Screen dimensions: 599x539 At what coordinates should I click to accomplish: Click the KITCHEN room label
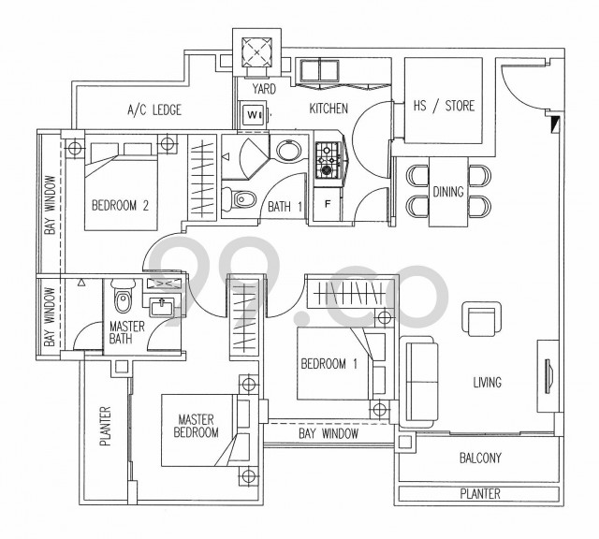329,109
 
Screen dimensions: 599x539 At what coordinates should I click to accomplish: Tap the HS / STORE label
444,106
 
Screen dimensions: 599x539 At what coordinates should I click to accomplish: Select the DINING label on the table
448,192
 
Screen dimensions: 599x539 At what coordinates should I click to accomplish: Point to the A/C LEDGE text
153,110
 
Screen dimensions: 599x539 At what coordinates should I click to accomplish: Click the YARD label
264,89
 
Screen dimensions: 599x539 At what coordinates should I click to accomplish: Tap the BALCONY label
480,458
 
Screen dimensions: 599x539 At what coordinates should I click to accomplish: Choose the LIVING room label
487,382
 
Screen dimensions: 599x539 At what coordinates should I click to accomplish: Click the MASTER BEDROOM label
196,426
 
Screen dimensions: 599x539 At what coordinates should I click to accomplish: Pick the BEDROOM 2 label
120,206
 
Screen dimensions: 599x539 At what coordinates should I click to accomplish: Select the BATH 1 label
285,207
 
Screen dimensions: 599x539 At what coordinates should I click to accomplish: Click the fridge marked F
327,204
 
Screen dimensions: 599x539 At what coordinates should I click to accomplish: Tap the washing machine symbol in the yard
253,114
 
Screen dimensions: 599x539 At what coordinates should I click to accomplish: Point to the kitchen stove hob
328,159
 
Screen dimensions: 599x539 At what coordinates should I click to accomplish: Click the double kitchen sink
319,71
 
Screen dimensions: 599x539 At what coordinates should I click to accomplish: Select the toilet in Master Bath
123,296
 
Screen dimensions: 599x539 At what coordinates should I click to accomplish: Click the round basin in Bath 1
288,151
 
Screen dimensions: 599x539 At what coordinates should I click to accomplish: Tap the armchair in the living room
481,319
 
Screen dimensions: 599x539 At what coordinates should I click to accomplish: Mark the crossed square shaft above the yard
256,52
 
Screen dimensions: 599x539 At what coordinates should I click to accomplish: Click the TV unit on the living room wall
549,376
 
